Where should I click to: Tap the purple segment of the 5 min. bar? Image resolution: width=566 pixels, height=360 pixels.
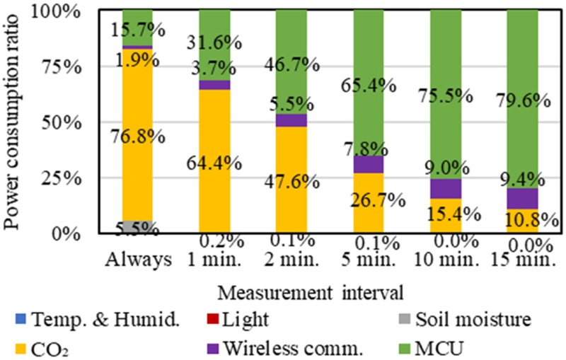tap(369, 164)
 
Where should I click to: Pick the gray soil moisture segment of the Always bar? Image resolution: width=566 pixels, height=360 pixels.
tap(137, 227)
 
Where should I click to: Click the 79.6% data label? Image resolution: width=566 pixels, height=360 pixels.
tap(523, 100)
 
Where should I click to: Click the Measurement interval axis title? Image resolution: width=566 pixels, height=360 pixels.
tap(297, 290)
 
